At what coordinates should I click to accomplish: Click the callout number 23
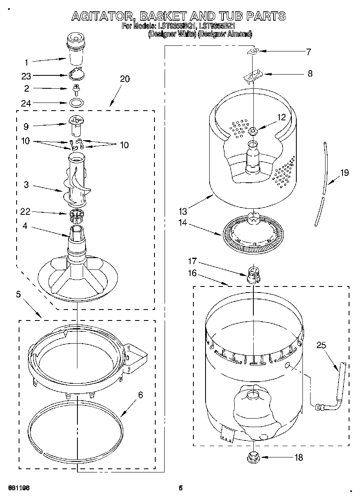pyautogui.click(x=26, y=75)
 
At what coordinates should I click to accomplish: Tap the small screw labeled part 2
pyautogui.click(x=75, y=88)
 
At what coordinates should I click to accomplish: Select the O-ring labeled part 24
pyautogui.click(x=75, y=102)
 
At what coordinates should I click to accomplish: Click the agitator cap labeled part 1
pyautogui.click(x=75, y=49)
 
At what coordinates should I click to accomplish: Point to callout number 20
pyautogui.click(x=125, y=79)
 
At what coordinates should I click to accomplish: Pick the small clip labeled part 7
pyautogui.click(x=253, y=51)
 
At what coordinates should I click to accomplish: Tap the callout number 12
pyautogui.click(x=281, y=117)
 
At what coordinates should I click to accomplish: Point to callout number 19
pyautogui.click(x=344, y=173)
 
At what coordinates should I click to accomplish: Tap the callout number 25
pyautogui.click(x=321, y=345)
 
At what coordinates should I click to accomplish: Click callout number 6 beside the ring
pyautogui.click(x=140, y=395)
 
